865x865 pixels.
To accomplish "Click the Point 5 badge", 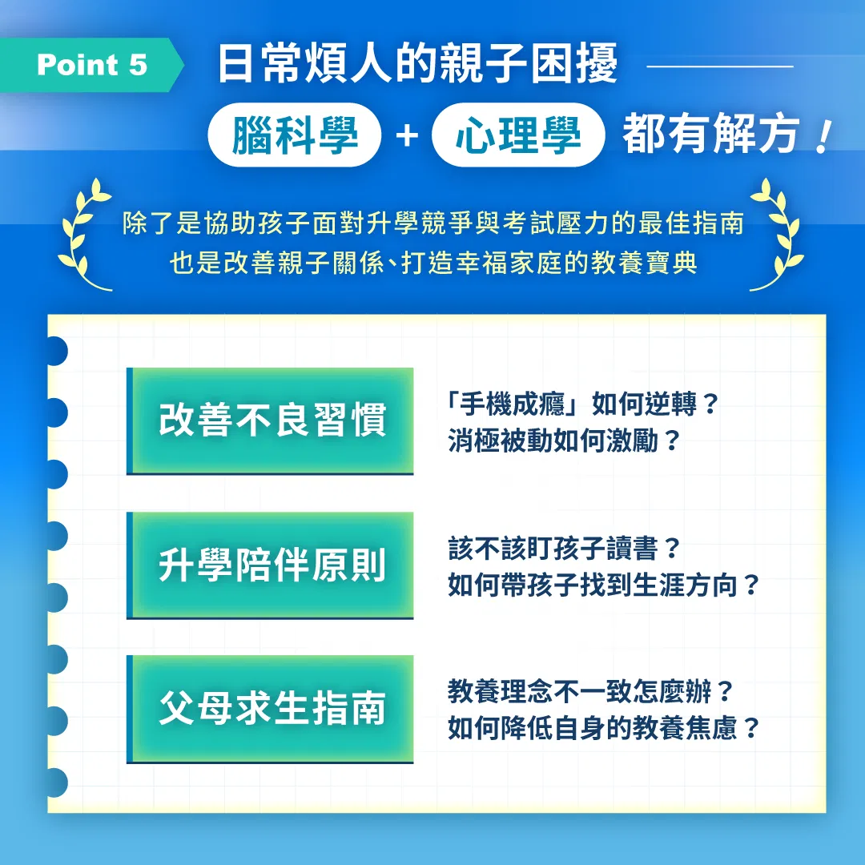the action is click(x=91, y=65).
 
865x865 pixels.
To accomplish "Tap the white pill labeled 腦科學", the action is click(x=295, y=135).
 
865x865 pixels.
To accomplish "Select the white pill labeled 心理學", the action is click(x=518, y=135).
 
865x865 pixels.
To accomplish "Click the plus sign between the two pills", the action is click(x=407, y=135).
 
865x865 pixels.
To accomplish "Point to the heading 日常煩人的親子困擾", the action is click(x=417, y=64).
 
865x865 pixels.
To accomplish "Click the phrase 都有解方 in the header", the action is click(x=711, y=134).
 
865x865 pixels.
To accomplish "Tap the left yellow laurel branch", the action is click(x=85, y=235).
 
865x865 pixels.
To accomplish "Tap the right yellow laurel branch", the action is click(x=777, y=235).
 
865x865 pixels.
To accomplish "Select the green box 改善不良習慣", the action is click(x=271, y=421).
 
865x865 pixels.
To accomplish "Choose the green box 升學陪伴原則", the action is click(x=271, y=565).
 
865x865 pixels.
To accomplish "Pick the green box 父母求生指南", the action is click(x=271, y=710).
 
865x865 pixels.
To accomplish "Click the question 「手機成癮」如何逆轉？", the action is click(x=582, y=404).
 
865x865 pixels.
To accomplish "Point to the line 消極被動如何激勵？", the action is click(x=563, y=441).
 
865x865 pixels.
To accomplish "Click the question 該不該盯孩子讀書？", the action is click(x=563, y=549).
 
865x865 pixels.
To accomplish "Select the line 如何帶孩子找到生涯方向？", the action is click(x=604, y=585).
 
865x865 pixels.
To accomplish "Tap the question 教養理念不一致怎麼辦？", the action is click(x=590, y=691).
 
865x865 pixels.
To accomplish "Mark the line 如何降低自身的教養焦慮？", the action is click(x=604, y=728).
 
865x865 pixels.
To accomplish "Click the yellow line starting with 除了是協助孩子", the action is click(x=433, y=223).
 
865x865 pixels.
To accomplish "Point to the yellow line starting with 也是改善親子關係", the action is click(x=433, y=263).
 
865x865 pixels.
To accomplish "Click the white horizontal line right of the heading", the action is click(x=720, y=66).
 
